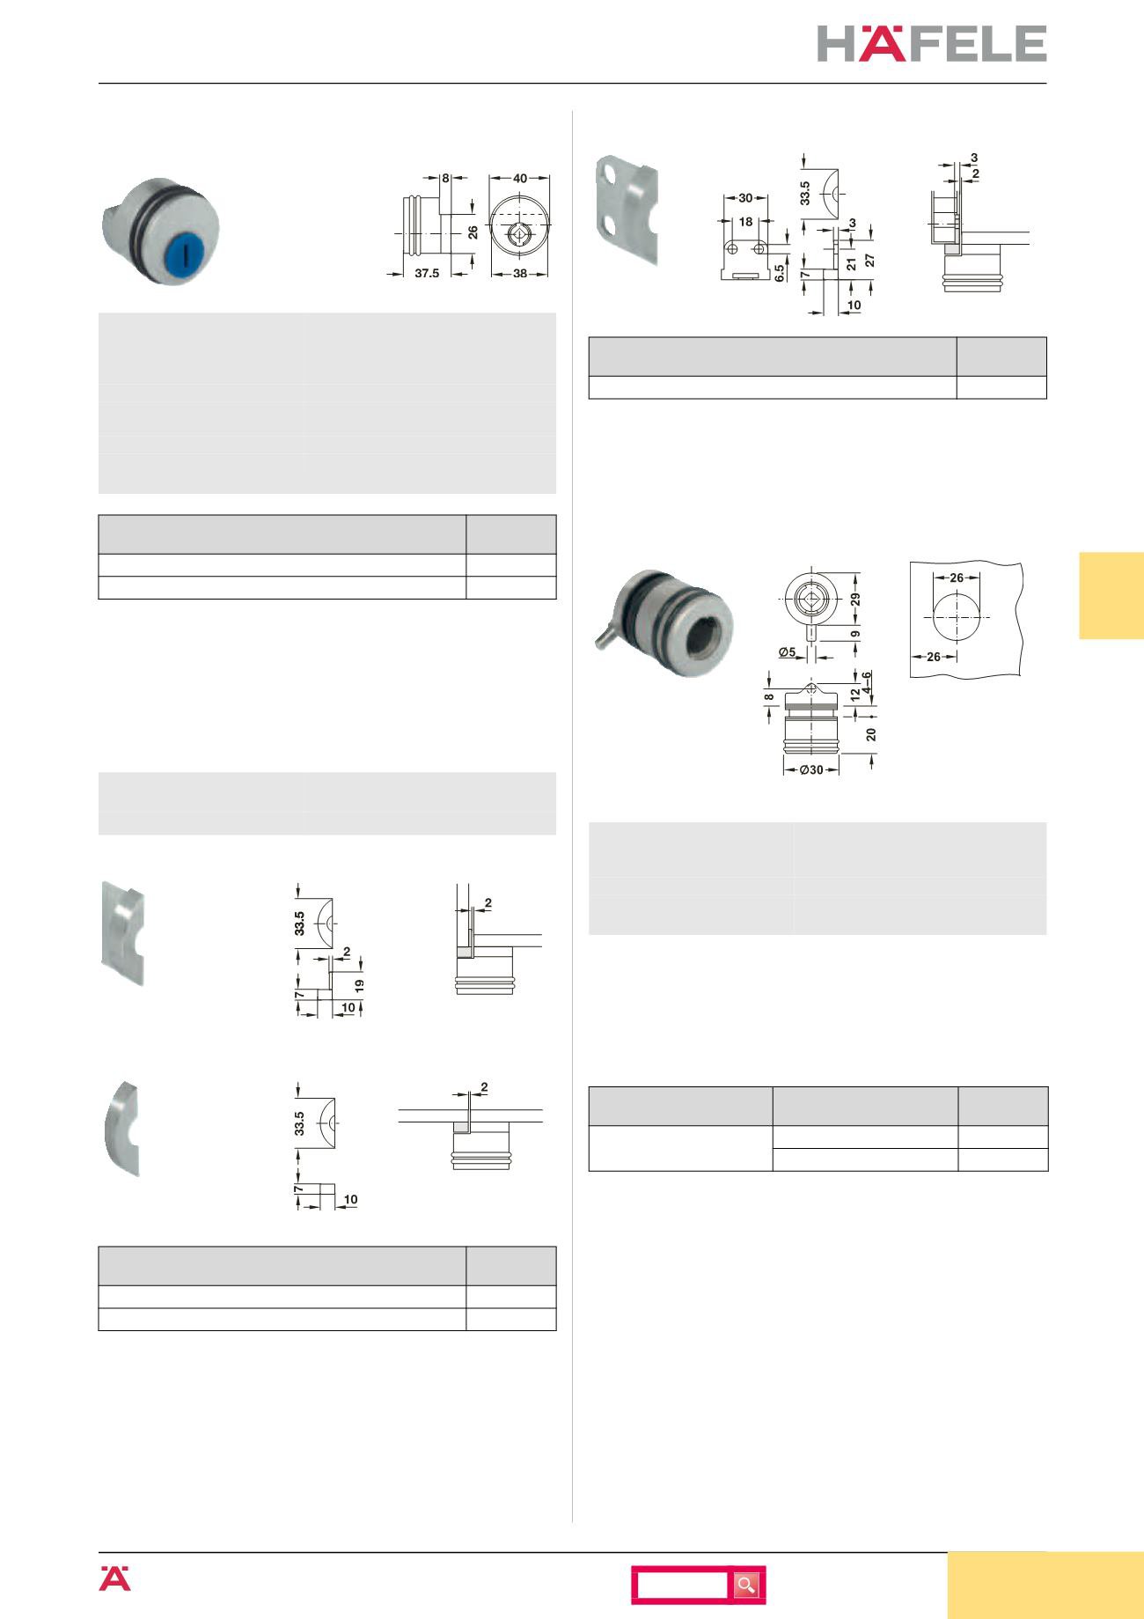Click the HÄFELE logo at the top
(932, 43)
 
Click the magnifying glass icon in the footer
(747, 1586)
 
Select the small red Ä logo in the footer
(114, 1579)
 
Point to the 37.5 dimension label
(427, 274)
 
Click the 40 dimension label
(520, 179)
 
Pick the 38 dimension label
(520, 274)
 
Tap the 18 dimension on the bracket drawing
(745, 222)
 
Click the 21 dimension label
(850, 263)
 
